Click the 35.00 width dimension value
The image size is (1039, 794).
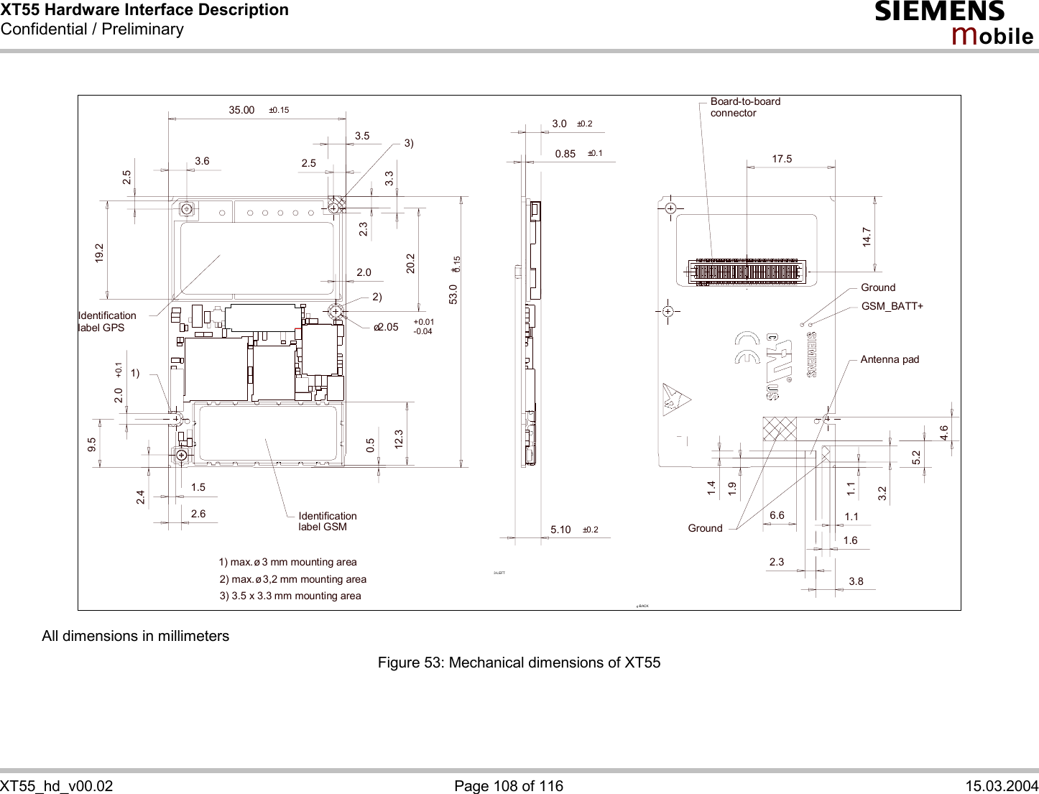tap(241, 110)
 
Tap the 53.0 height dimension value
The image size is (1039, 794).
tap(453, 294)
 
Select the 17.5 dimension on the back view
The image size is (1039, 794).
tap(782, 159)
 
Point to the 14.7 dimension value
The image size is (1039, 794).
tap(867, 238)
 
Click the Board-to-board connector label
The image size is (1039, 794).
tap(744, 107)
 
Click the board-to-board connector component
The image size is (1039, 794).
tap(746, 272)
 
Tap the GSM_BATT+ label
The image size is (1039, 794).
tap(892, 306)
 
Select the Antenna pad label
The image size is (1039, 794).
tap(890, 359)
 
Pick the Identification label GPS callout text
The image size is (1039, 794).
tap(106, 321)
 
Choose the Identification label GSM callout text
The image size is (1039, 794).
tap(327, 521)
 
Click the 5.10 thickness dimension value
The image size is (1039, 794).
tap(560, 530)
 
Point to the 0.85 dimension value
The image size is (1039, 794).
tap(565, 154)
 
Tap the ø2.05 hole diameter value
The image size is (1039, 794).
tap(386, 327)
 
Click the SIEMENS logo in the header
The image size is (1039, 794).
tap(939, 11)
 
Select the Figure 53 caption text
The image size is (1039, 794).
tap(519, 663)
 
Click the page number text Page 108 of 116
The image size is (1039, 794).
tap(509, 786)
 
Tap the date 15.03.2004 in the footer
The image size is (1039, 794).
tap(1002, 786)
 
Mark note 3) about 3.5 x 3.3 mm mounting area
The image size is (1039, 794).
tap(290, 596)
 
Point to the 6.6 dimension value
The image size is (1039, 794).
tap(777, 515)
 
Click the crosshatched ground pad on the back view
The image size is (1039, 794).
tap(780, 428)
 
